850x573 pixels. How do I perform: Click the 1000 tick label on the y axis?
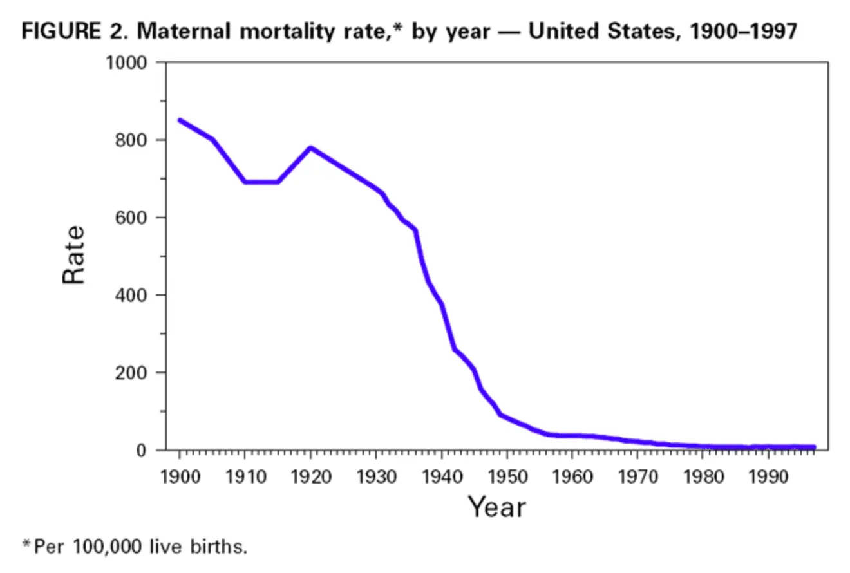[x=127, y=63]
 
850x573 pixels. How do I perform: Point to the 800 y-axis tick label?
[x=131, y=140]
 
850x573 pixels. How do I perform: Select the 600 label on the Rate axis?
[x=131, y=218]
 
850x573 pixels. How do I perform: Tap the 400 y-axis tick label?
[x=131, y=295]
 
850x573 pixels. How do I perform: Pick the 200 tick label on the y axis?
[x=131, y=373]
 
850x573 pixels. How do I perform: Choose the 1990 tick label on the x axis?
[x=769, y=478]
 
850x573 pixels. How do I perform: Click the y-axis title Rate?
[x=73, y=255]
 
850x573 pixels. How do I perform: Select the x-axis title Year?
[x=496, y=507]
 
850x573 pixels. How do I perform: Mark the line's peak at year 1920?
[x=310, y=147]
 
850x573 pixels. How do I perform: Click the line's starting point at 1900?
[x=180, y=120]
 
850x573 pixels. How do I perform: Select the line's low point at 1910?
[x=245, y=182]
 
